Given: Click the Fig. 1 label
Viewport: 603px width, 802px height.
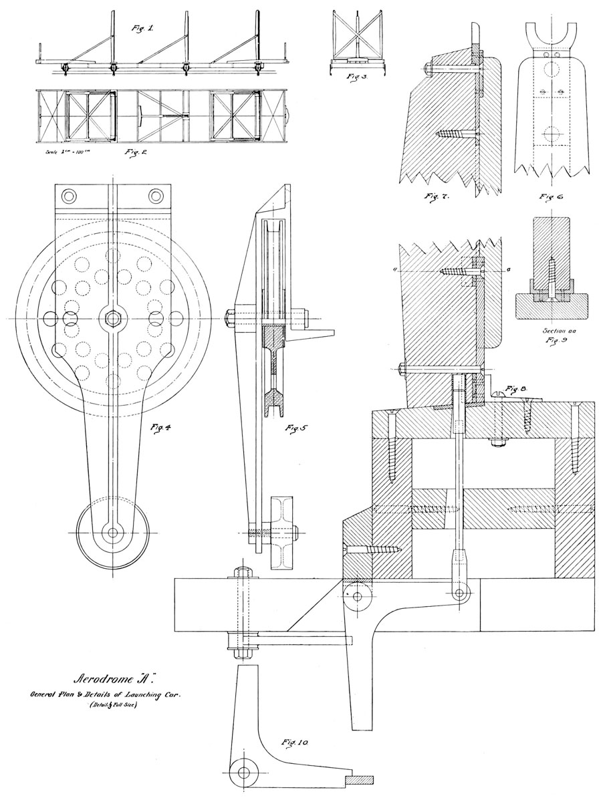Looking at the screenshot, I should pos(142,29).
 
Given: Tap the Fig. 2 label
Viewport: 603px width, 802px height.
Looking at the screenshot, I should pos(136,152).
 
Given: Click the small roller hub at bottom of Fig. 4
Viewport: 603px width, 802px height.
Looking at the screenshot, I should pos(112,533).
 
